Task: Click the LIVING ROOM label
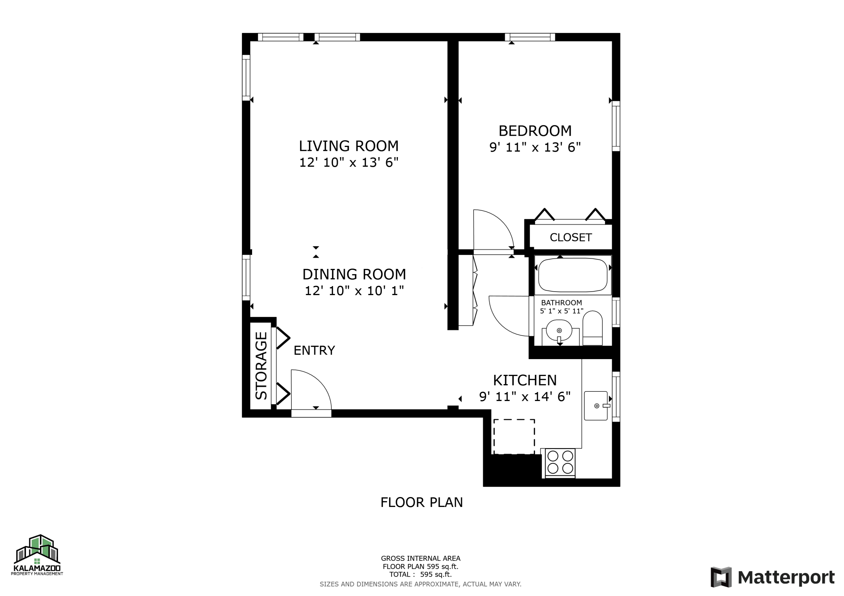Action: point(349,146)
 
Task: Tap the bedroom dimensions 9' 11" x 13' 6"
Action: point(535,148)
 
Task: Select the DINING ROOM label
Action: point(354,274)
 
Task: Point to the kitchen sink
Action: point(596,405)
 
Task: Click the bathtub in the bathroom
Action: point(572,275)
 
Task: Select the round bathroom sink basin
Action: point(559,330)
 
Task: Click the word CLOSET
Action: point(571,238)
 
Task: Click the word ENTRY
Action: point(314,351)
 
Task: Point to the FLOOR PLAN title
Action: point(421,502)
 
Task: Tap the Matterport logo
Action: point(772,577)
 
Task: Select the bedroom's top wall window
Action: point(529,37)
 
